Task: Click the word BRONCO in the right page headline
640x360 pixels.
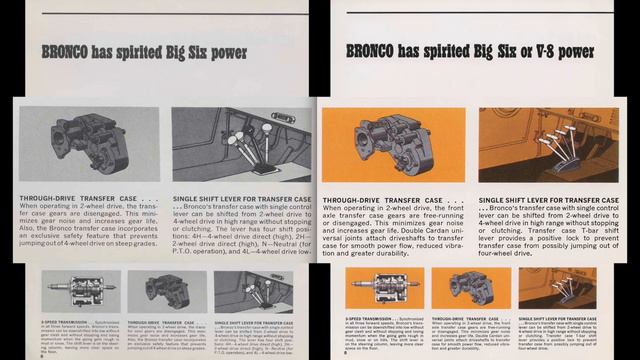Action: point(374,50)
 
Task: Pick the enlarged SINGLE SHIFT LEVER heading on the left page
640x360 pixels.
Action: point(242,199)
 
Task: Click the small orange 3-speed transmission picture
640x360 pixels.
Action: point(384,288)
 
